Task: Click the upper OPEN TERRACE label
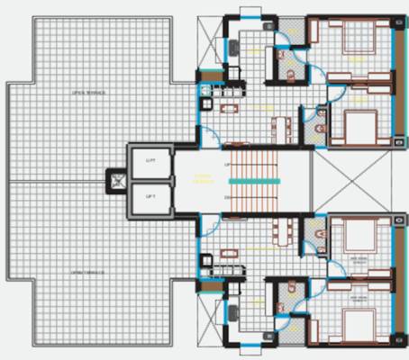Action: pyautogui.click(x=89, y=93)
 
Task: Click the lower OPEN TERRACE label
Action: pyautogui.click(x=89, y=269)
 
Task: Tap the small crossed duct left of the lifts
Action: pyautogui.click(x=116, y=179)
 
